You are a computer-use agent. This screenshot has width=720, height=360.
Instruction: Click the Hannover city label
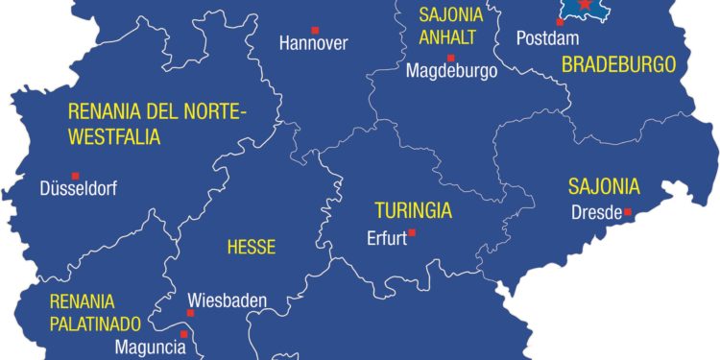coord(313,43)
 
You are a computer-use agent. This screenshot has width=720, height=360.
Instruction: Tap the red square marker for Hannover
coord(315,28)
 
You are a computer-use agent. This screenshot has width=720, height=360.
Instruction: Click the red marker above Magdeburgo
coord(450,57)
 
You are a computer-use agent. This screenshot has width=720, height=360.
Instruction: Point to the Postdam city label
coord(541,38)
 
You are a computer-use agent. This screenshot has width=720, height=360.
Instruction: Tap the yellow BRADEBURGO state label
coord(618,65)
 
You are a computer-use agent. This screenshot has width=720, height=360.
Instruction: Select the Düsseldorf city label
coord(79,189)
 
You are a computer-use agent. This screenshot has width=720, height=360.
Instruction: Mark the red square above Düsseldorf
coord(76,175)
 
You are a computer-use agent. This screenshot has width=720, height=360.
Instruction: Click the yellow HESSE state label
coord(251,247)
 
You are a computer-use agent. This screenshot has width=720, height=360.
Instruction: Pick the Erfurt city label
coord(388,240)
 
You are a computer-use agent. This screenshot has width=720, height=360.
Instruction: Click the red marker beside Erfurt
coord(412,232)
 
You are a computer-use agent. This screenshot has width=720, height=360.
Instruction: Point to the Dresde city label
coord(596,213)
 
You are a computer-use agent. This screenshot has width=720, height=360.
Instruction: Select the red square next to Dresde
coord(628,212)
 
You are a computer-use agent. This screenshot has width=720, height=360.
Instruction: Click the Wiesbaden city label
coord(227,300)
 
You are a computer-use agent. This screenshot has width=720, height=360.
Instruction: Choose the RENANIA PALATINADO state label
coord(96,312)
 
